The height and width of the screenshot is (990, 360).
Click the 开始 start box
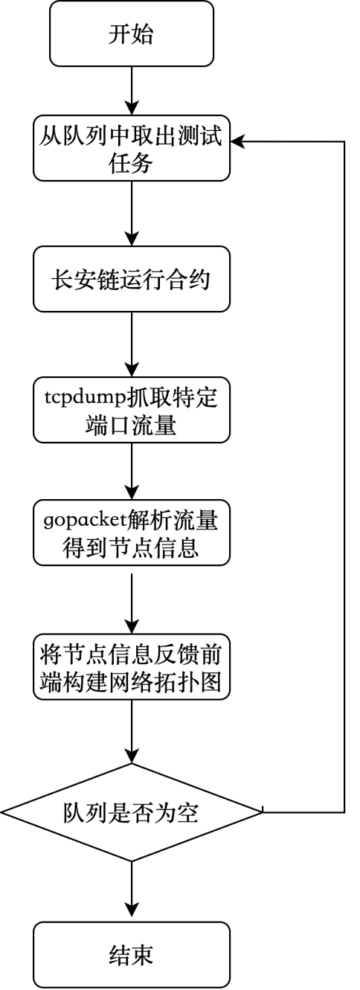(x=132, y=34)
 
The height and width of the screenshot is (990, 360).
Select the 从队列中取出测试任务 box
(x=132, y=148)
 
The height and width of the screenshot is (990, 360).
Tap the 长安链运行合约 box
(x=132, y=279)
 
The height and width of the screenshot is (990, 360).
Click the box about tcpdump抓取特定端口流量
(x=132, y=410)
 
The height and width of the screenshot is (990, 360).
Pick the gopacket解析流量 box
(x=132, y=533)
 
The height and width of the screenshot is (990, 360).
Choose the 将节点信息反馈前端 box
(x=132, y=667)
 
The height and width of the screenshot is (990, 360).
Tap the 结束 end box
(x=132, y=954)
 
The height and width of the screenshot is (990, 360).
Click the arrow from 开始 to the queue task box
(x=132, y=91)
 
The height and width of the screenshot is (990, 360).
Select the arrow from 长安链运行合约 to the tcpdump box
(x=132, y=344)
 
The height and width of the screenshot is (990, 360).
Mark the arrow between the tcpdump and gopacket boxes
(x=132, y=471)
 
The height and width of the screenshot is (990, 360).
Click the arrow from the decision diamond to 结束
(x=132, y=891)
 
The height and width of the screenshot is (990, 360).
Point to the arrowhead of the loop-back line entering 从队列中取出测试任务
(x=237, y=141)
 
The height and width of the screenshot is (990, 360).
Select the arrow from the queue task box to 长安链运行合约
(x=132, y=213)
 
